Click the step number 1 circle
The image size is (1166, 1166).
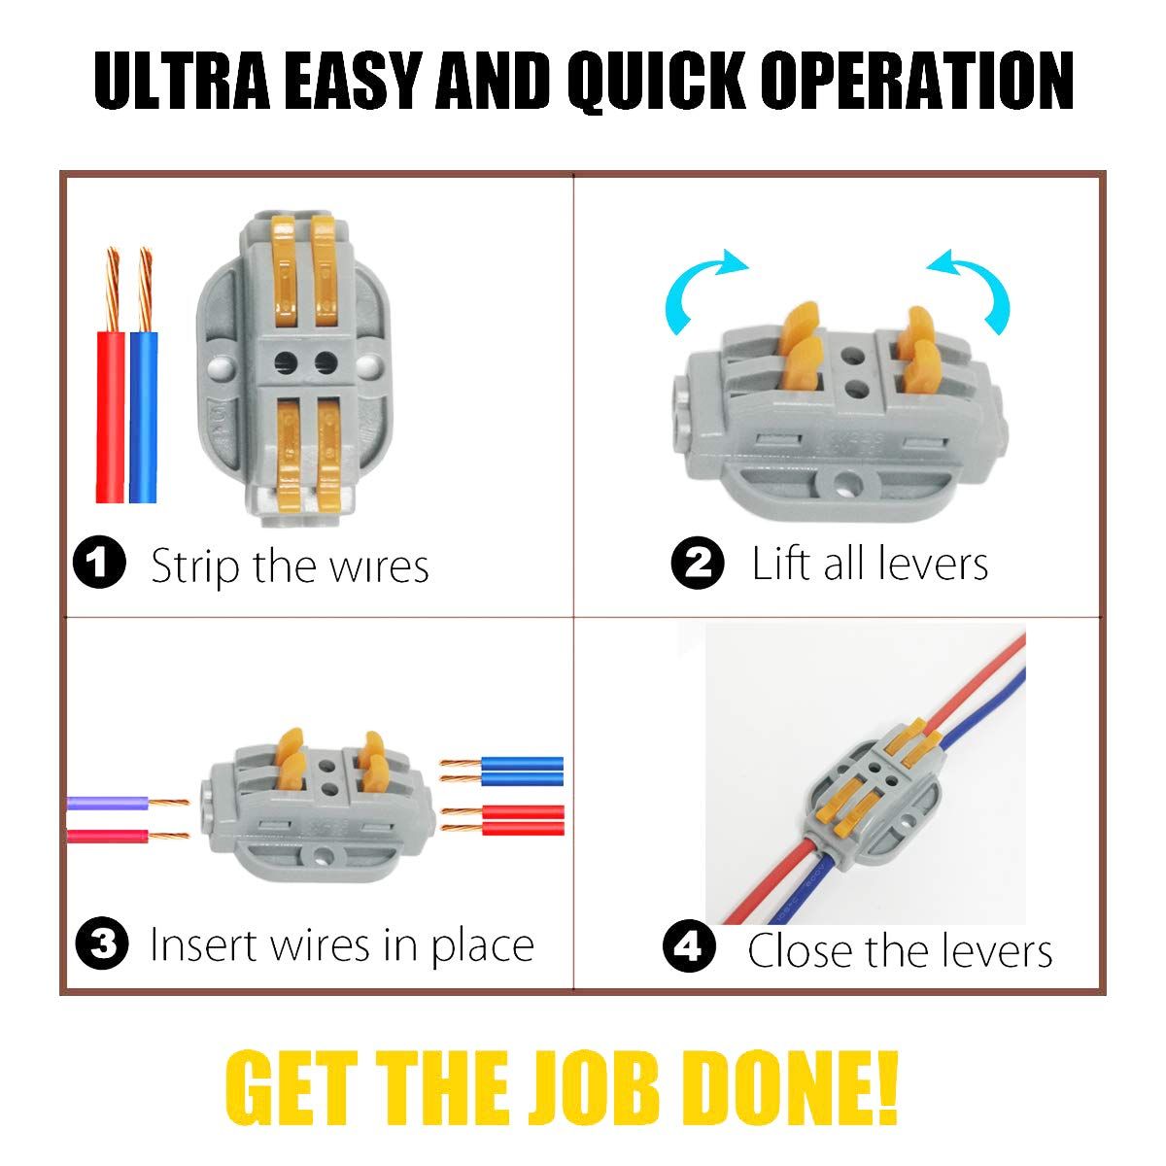(99, 563)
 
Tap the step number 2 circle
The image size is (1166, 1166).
(698, 563)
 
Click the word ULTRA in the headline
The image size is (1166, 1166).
(182, 81)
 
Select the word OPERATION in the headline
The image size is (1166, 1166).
(916, 81)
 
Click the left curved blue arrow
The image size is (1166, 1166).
(696, 283)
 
